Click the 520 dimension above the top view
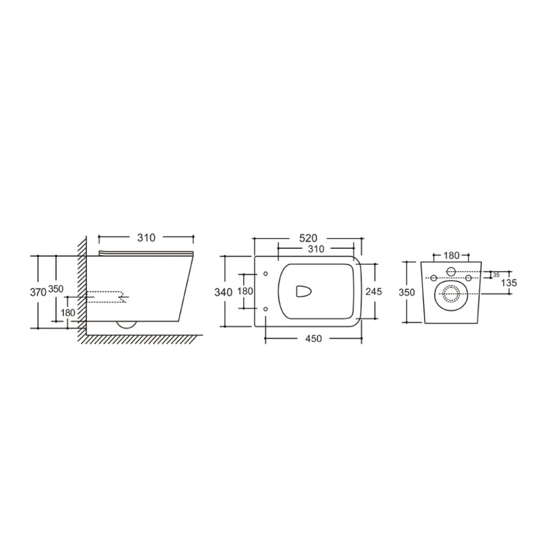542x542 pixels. click(308, 238)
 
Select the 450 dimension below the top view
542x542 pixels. click(313, 339)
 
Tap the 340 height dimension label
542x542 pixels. click(223, 293)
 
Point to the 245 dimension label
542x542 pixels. click(373, 292)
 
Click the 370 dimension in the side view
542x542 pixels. click(38, 293)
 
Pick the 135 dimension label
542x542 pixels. click(509, 283)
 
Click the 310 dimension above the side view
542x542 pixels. click(146, 238)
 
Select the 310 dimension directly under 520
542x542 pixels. click(315, 249)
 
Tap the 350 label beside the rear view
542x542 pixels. click(407, 293)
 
